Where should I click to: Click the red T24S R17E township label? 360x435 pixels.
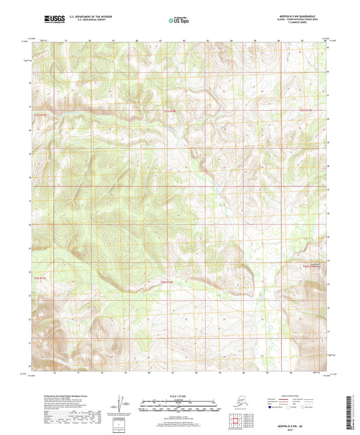[41, 276]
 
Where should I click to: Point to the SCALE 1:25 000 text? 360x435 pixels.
[180, 396]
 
